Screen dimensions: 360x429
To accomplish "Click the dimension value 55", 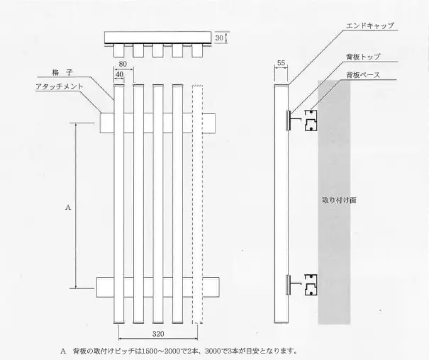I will coord(282,63).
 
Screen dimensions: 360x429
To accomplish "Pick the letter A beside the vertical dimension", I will coord(67,208).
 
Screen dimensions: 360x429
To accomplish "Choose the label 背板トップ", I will coord(362,57).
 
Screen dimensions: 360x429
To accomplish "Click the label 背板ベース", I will coord(362,74).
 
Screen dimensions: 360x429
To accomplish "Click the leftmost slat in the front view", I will coord(119,206).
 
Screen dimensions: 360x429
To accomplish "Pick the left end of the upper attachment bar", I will coord(105,123).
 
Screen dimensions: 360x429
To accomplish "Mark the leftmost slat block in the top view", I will coord(119,50).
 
